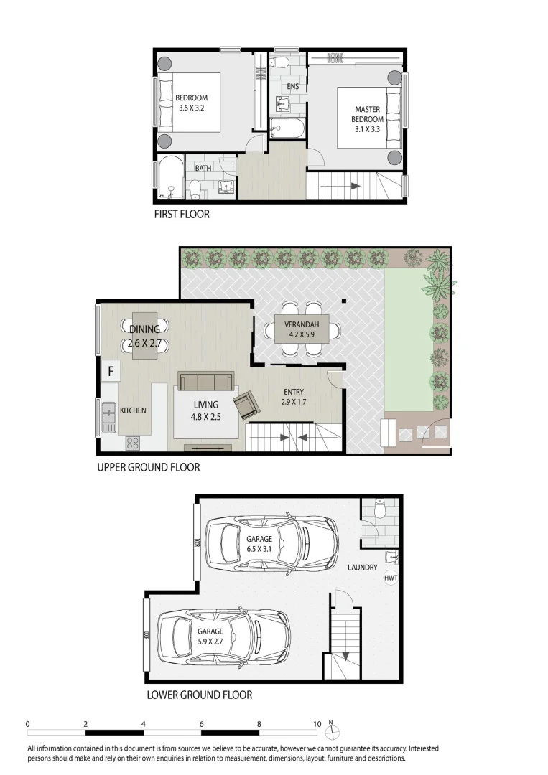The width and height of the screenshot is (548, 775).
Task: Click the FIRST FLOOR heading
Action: pyautogui.click(x=182, y=214)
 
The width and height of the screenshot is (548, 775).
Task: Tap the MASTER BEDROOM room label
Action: pyautogui.click(x=368, y=119)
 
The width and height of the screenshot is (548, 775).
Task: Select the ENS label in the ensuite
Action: pyautogui.click(x=292, y=87)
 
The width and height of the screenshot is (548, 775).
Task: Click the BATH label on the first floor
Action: pyautogui.click(x=203, y=169)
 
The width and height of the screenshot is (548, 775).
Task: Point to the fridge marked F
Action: pyautogui.click(x=111, y=371)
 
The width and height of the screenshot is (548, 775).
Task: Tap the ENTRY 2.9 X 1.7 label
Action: pyautogui.click(x=294, y=397)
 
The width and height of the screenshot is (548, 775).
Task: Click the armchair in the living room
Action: pyautogui.click(x=246, y=405)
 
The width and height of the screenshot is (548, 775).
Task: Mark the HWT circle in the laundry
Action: pyautogui.click(x=391, y=578)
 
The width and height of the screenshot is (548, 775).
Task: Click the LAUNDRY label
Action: pyautogui.click(x=362, y=568)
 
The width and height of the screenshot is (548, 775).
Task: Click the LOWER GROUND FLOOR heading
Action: pyautogui.click(x=199, y=695)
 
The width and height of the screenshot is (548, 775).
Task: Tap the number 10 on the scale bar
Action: pyautogui.click(x=317, y=724)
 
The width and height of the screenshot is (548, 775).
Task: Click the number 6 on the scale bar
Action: pyautogui.click(x=202, y=724)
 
